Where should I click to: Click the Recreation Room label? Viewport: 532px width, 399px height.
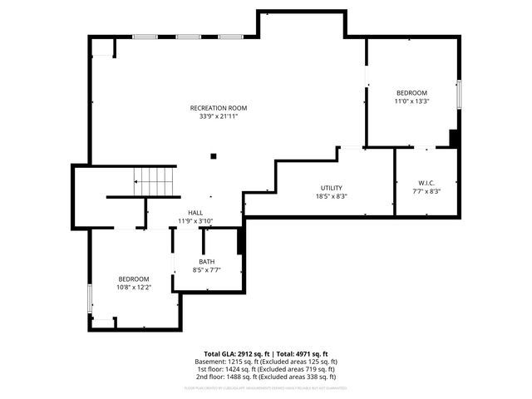(x=218, y=108)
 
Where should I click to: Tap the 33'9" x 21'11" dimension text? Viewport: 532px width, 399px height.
(x=218, y=116)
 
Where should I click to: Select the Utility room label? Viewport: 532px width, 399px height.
(x=331, y=188)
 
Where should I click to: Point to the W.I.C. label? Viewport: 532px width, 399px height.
(x=426, y=183)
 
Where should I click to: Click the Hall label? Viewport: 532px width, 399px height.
(x=195, y=213)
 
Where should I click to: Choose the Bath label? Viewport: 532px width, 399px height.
(x=206, y=261)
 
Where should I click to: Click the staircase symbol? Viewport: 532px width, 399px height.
(x=155, y=180)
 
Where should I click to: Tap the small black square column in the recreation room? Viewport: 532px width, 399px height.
(x=214, y=155)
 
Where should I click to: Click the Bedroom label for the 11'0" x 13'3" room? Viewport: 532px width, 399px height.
(x=411, y=92)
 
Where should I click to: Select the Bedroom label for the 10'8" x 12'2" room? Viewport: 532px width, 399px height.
(x=133, y=278)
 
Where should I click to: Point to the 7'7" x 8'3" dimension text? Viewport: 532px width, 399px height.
(x=426, y=191)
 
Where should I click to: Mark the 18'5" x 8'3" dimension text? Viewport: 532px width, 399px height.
(x=331, y=196)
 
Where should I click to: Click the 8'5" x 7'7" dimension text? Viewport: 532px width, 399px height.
(x=206, y=269)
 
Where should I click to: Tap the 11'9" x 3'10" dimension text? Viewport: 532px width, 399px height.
(x=195, y=221)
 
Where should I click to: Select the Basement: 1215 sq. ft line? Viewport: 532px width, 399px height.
(x=266, y=362)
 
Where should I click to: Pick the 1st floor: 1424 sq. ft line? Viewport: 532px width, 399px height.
(x=266, y=370)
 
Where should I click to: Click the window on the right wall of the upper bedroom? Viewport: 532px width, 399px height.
(x=459, y=93)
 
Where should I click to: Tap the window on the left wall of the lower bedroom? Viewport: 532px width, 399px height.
(x=90, y=299)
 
